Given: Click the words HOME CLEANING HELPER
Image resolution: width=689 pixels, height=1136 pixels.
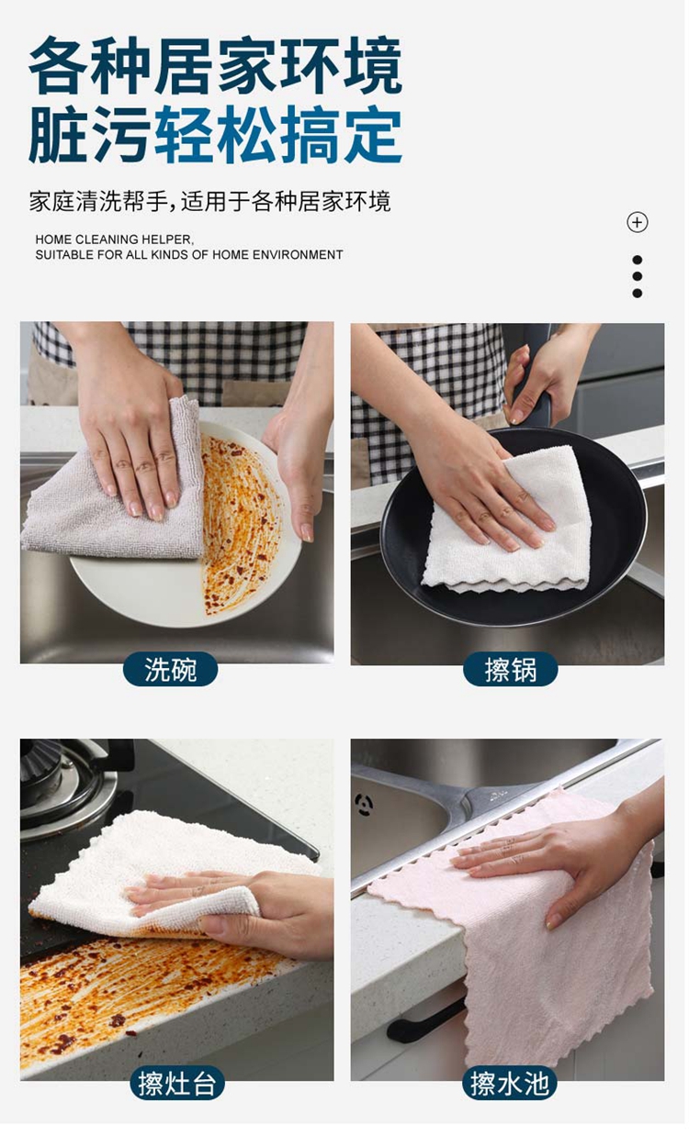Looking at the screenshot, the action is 115,241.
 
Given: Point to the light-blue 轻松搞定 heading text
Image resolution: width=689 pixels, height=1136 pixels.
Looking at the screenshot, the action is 279,135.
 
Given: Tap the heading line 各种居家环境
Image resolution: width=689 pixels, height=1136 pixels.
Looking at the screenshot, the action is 217,66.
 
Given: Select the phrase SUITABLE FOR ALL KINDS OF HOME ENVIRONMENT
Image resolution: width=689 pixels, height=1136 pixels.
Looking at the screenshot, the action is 190,256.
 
